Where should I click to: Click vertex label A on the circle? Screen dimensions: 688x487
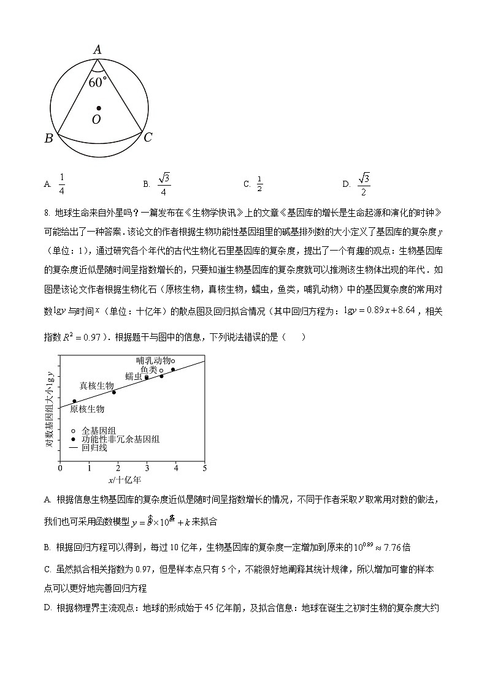(97, 50)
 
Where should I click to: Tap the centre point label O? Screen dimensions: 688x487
(96, 119)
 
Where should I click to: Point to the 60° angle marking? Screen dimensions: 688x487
(98, 82)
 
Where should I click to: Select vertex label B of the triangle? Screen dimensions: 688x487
(49, 138)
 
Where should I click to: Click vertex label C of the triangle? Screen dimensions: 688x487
(148, 138)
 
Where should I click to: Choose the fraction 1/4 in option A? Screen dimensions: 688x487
(62, 183)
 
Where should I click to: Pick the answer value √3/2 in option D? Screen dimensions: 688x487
(364, 183)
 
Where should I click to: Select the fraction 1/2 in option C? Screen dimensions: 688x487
(259, 183)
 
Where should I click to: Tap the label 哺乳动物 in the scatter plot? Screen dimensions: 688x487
(153, 361)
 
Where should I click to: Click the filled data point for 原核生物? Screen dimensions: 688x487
(75, 401)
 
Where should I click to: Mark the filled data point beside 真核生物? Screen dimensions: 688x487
(113, 392)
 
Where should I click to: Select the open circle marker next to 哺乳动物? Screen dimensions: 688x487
(173, 361)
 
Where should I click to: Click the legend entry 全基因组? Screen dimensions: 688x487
(99, 431)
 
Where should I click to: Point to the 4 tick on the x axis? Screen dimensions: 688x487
(176, 468)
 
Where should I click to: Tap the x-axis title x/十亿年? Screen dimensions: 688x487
(125, 480)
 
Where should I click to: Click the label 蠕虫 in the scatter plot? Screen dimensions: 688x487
(134, 376)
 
